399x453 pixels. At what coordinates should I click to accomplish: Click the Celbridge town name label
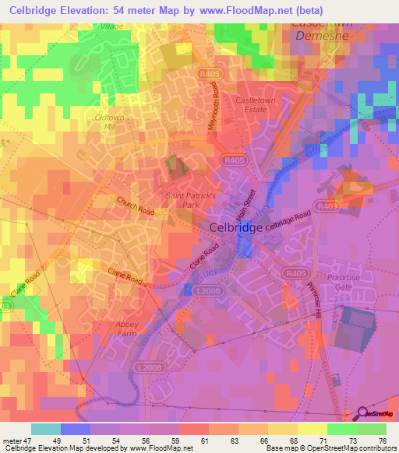click(x=236, y=228)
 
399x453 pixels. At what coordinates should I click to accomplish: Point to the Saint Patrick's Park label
click(x=190, y=200)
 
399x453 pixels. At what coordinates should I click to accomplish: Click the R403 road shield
click(x=350, y=205)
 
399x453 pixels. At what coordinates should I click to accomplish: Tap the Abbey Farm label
click(x=104, y=328)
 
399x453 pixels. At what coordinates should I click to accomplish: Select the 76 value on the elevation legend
click(x=381, y=441)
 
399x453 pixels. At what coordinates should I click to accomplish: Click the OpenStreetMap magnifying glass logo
click(x=362, y=413)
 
